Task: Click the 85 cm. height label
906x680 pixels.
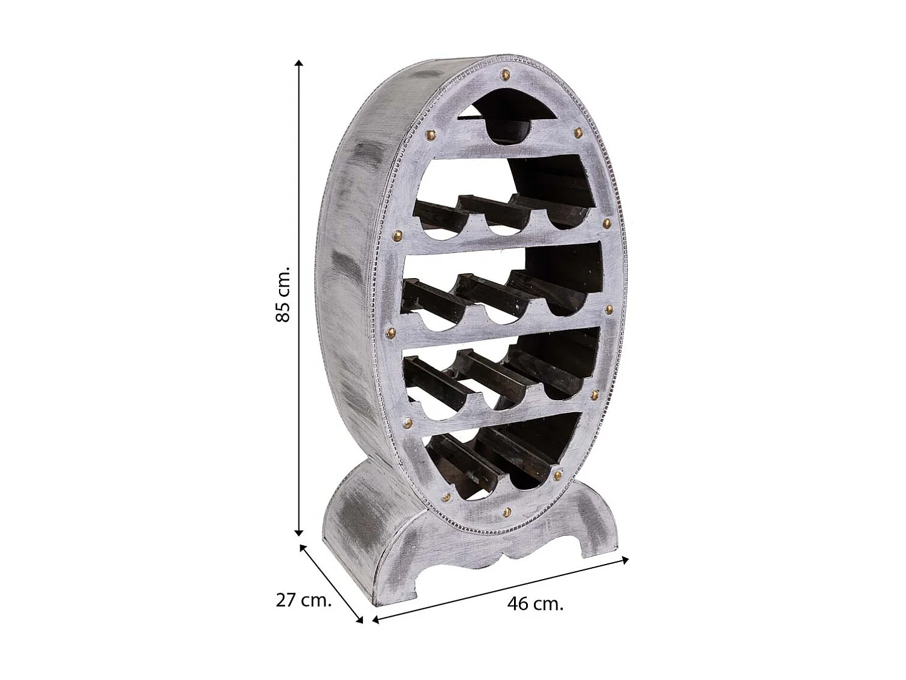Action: [x=283, y=294]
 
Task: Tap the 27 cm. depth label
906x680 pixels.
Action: [x=304, y=600]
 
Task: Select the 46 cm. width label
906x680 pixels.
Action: [x=535, y=604]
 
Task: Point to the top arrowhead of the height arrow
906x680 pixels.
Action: [x=299, y=63]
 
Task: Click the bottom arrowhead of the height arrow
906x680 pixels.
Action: [x=299, y=532]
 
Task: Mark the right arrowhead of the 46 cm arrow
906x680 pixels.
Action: [x=625, y=560]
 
